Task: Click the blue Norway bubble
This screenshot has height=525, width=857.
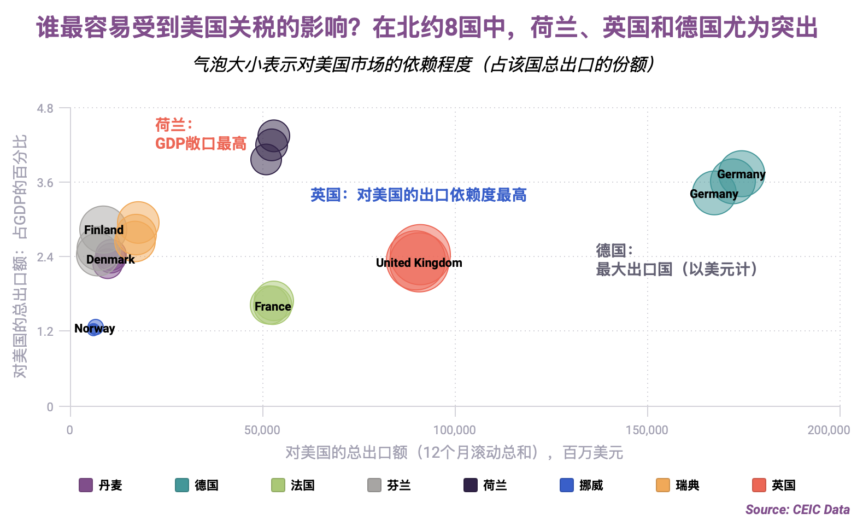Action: pos(95,328)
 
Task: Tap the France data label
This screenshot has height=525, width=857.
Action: pos(273,306)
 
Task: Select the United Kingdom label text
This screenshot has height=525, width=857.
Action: pos(419,262)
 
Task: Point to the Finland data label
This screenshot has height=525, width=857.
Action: pos(104,230)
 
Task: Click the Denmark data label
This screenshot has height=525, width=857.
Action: pos(110,259)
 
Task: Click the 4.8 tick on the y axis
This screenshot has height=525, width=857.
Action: pos(45,108)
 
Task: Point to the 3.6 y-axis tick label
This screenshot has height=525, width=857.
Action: pos(45,183)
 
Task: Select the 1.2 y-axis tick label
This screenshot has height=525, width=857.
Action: pos(45,331)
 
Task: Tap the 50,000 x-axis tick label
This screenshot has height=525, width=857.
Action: pos(262,430)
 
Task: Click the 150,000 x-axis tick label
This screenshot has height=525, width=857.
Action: pos(647,430)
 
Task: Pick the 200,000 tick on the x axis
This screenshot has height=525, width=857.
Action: pos(829,430)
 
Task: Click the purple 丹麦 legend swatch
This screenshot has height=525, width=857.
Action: pos(86,485)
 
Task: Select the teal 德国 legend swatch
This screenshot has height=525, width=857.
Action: pos(181,485)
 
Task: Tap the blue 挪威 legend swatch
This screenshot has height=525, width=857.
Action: pos(567,485)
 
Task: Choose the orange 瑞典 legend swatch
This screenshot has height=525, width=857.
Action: pos(663,485)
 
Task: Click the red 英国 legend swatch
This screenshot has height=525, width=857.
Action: pos(759,485)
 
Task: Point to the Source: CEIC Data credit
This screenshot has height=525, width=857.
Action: pos(798,510)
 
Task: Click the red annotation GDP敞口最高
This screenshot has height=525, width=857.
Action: pos(201,144)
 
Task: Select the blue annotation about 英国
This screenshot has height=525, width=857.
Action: pos(419,195)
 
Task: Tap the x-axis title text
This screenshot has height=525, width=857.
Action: pos(455,453)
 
